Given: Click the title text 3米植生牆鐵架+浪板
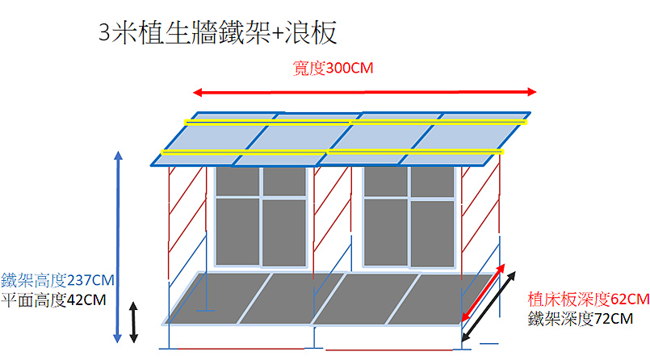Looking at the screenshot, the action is tap(218, 33).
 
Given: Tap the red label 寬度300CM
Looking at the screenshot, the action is tap(333, 68).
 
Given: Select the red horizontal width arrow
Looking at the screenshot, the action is tap(365, 92).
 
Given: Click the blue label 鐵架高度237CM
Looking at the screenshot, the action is tap(57, 280).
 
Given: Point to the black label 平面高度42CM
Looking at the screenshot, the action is tap(53, 299).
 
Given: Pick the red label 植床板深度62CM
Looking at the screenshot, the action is tap(589, 299).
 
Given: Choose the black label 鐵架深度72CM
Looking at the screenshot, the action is tap(581, 319).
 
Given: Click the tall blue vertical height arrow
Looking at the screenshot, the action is tap(118, 247).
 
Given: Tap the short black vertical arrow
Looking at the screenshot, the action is tap(133, 322).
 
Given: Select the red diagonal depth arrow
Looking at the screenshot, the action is tap(484, 292).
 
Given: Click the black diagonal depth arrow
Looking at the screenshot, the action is tap(489, 307).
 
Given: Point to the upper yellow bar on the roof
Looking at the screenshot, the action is tap(355, 122).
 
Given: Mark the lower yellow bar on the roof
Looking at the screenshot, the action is tap(333, 152).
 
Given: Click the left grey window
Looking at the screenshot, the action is tap(261, 216).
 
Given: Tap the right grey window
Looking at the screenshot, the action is tap(409, 216).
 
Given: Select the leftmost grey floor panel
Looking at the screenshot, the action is tap(219, 298).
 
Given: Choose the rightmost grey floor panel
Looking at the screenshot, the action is tap(441, 299).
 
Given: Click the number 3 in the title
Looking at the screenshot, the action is tap(104, 33).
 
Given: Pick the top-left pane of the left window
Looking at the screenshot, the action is tap(237, 181).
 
